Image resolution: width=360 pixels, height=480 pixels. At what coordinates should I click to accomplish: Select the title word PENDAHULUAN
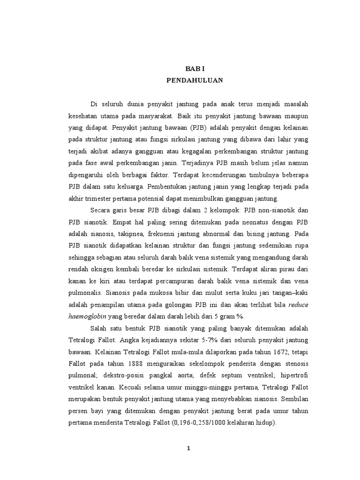pyautogui.click(x=195, y=80)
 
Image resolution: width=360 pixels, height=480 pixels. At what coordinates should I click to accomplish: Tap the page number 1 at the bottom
pyautogui.click(x=188, y=448)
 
